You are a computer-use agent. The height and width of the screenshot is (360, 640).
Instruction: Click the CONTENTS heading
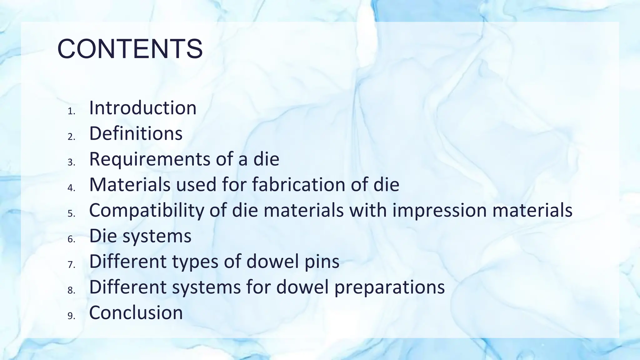pos(130,49)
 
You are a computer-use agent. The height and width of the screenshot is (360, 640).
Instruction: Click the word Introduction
pos(143,108)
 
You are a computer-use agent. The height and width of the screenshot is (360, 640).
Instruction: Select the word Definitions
pos(136,133)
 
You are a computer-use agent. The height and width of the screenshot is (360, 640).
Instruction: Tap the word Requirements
pos(150,159)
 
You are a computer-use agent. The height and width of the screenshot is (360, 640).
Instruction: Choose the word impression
pos(439,210)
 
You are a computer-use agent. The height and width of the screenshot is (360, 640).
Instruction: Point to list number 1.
pos(71,111)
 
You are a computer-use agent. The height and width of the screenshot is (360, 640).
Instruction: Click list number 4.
pos(71,188)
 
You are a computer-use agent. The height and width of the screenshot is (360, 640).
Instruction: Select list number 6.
pos(71,239)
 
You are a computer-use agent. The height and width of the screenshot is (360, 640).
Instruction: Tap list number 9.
pos(71,316)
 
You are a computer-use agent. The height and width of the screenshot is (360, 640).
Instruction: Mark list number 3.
pos(71,162)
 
